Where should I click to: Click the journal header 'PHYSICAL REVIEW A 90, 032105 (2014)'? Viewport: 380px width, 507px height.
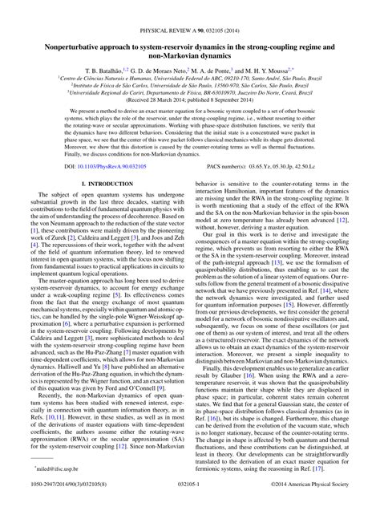(190, 8)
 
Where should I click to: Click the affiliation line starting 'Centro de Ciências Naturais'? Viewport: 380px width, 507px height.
(190, 58)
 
